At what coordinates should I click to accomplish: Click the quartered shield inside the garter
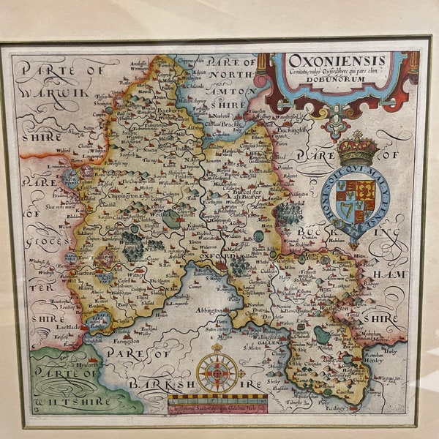(357, 199)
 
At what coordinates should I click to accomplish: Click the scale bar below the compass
(217, 401)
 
